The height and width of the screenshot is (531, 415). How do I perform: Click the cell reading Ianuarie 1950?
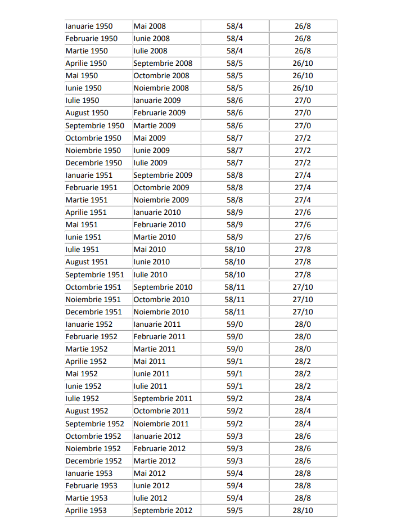pos(89,26)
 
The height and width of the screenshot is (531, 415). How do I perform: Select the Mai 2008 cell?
pos(150,26)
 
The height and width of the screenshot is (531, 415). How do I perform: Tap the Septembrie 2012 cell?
pos(163,510)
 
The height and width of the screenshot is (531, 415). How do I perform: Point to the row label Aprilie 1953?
pos(86,510)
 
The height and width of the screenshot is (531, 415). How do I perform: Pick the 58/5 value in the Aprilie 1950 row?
pos(234,63)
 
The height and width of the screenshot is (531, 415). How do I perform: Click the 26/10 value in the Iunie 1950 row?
pos(303,88)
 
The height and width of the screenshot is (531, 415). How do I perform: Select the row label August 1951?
pos(87,262)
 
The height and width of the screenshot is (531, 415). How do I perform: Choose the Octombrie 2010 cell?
pos(161,299)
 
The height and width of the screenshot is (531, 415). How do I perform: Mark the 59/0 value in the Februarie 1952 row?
pos(234,336)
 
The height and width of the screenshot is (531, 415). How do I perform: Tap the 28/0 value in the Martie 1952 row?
pos(303,349)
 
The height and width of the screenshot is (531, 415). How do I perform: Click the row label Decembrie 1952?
pos(93,461)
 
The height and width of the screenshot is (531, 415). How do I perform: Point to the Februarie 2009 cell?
pos(159,112)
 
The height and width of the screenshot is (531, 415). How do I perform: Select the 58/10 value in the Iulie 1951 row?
pos(234,249)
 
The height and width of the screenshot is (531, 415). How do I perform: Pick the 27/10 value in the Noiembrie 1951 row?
pos(303,299)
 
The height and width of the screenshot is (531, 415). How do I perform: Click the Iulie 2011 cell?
pos(150,386)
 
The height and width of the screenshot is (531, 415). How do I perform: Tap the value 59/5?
pos(234,510)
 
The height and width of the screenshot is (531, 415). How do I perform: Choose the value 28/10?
pos(303,510)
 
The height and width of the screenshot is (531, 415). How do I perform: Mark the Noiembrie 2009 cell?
pos(161,200)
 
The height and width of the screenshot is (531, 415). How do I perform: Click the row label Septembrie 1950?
pos(94,125)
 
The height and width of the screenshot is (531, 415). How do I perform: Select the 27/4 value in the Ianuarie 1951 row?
pos(303,175)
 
